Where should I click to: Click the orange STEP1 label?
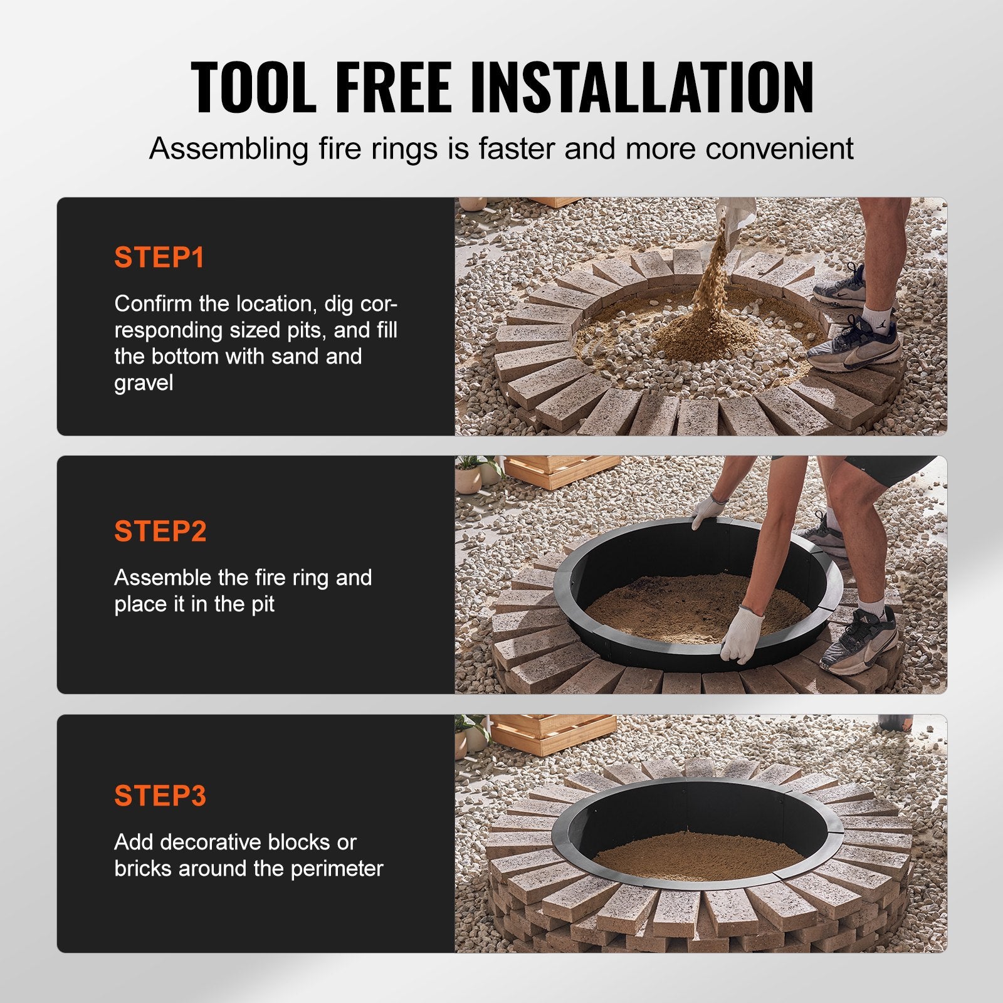[x=159, y=258]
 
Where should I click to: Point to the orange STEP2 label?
[x=160, y=532]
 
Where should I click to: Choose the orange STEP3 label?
[x=160, y=796]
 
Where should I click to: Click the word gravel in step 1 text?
[x=144, y=383]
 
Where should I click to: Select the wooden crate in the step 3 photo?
[x=552, y=733]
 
